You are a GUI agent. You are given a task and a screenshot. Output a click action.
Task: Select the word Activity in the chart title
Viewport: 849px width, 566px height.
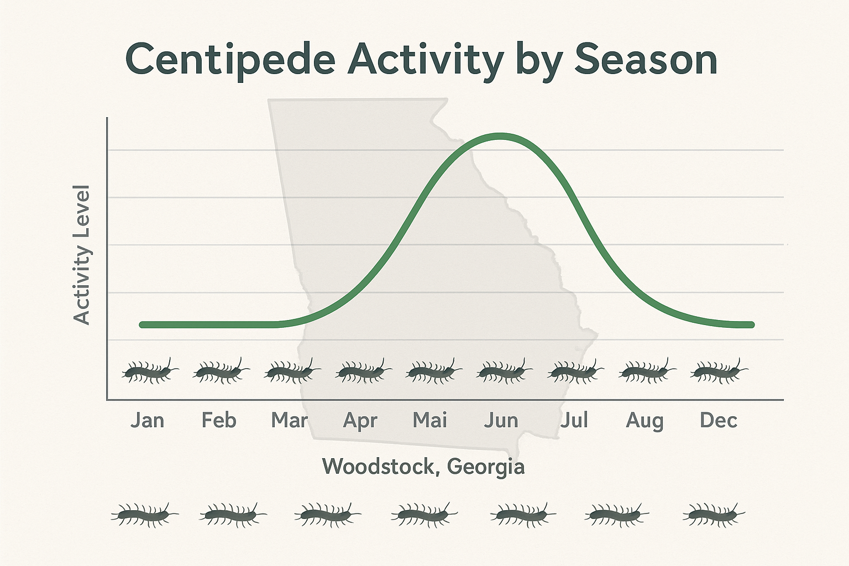point(425,60)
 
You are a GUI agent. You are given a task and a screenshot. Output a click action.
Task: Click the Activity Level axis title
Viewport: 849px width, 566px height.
point(82,255)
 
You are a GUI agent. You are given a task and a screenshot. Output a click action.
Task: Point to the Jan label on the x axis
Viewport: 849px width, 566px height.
point(147,421)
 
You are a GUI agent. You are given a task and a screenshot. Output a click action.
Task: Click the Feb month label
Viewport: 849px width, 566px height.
point(218,421)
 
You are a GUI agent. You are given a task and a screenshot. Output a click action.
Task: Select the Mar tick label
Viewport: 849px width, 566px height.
point(289,421)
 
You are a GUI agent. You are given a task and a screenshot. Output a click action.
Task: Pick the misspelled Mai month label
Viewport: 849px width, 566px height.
point(430,421)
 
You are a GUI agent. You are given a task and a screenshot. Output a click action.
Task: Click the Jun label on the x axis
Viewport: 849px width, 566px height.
point(501,421)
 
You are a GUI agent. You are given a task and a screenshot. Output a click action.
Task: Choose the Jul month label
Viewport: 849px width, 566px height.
point(574,421)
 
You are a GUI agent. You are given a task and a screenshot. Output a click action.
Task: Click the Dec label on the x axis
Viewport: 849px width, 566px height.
point(718,421)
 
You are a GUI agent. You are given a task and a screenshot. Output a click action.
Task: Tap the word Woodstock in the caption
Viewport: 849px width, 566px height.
point(381,467)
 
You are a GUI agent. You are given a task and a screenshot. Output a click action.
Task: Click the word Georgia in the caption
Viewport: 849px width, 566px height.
point(485,467)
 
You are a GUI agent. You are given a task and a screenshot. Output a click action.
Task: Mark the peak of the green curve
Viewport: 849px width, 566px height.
point(500,136)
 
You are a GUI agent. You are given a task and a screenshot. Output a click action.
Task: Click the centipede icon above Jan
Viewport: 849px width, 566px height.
point(149,371)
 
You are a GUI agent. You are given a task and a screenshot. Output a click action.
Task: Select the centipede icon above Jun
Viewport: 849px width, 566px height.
point(504,371)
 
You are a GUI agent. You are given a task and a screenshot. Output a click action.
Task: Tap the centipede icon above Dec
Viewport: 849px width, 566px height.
point(719,371)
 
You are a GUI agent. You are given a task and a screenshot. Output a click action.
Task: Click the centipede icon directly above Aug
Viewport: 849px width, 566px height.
point(647,371)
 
